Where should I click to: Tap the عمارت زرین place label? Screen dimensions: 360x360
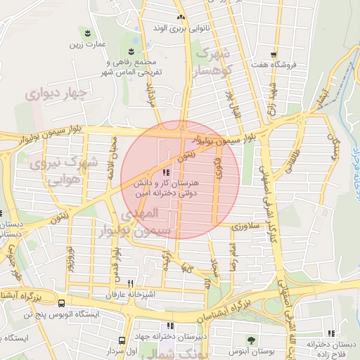pos(86,46)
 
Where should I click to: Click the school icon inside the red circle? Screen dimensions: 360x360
pos(166,172)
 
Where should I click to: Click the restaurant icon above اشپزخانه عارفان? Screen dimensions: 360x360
pos(129,283)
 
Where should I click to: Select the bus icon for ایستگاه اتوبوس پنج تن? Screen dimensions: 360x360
pos(61,304)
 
